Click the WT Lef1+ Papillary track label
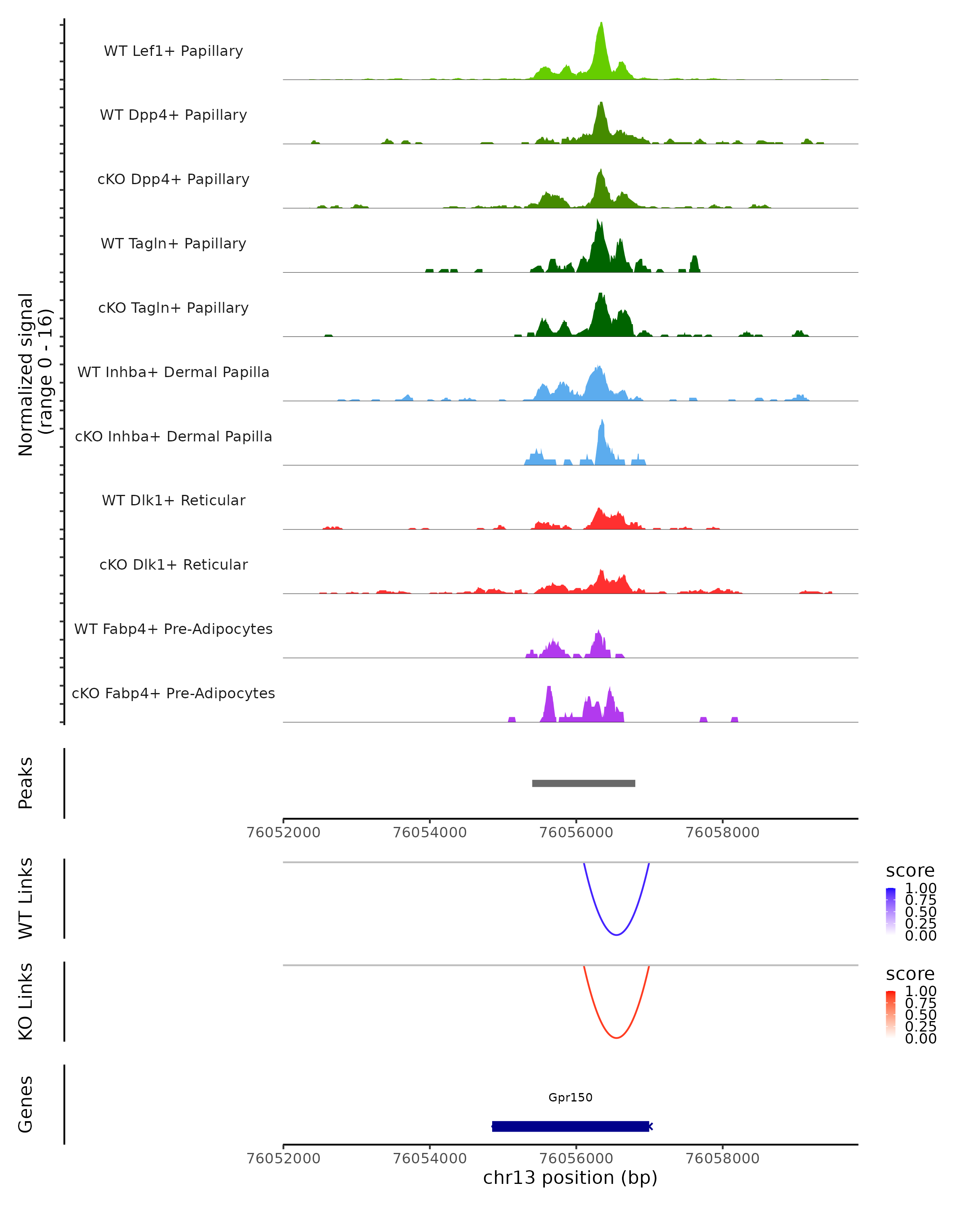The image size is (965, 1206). (x=173, y=51)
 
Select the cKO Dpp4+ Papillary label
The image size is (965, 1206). (x=173, y=179)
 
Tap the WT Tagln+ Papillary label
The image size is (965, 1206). (x=173, y=243)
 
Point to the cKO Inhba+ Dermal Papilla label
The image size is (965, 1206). (x=173, y=436)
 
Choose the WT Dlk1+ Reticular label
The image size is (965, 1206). (x=173, y=500)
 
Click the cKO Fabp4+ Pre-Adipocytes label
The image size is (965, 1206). (x=173, y=693)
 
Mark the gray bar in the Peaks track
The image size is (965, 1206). (x=583, y=783)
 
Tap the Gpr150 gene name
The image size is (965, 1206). (x=570, y=1097)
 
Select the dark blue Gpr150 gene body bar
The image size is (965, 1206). (x=570, y=1126)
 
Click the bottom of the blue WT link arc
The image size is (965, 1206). (x=616, y=935)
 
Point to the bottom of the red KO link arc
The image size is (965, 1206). (x=616, y=1038)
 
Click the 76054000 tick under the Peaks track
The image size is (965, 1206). (x=430, y=833)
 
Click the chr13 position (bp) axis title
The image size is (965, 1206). (x=570, y=1178)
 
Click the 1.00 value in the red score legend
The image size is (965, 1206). (x=920, y=991)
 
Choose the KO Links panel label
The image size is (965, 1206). (x=26, y=1001)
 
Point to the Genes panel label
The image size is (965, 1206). (x=26, y=1104)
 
